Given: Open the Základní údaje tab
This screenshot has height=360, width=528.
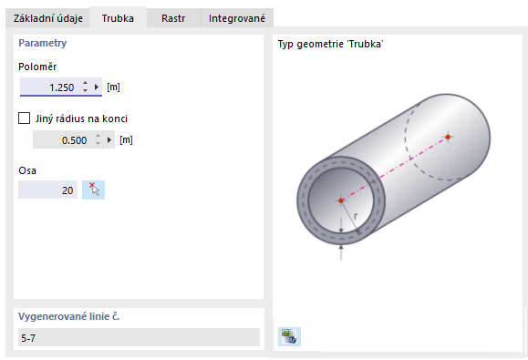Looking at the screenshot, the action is point(47,18).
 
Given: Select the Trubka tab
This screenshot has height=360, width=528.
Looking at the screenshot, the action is point(118,18).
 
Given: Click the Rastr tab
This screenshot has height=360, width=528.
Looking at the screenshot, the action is point(173,18).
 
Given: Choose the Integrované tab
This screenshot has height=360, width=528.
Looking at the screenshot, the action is point(237,18).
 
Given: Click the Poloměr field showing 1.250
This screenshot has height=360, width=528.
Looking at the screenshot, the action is point(50,87).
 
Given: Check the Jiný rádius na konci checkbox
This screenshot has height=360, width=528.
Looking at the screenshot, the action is point(25,118).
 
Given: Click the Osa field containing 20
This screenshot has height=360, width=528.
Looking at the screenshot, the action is point(47,190).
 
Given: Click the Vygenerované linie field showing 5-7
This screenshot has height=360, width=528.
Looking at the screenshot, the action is point(139,337).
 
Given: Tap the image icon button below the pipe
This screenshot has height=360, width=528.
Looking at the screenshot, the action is point(290,336).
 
